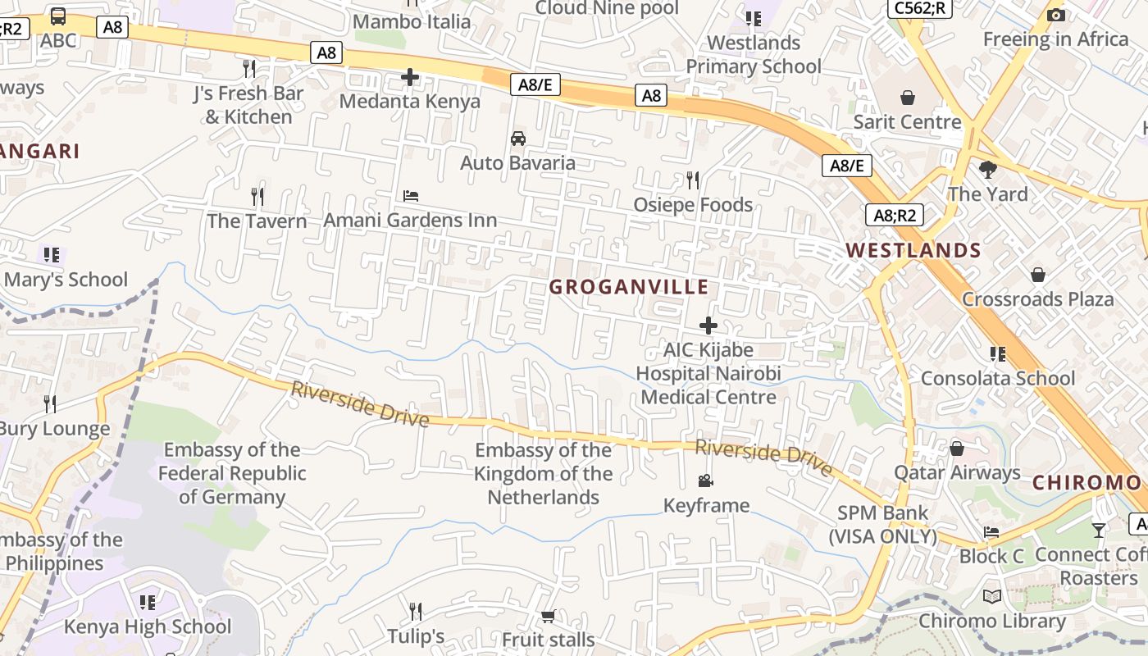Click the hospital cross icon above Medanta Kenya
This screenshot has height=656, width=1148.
(x=410, y=78)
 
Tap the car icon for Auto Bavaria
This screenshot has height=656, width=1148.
(x=518, y=139)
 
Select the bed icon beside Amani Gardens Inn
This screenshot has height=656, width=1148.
(x=411, y=196)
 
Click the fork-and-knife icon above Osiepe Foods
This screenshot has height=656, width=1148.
(x=693, y=180)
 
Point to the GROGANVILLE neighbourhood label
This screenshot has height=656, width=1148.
(x=629, y=287)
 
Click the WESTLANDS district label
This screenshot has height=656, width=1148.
(x=913, y=251)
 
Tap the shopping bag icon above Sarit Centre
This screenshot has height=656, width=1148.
(x=908, y=98)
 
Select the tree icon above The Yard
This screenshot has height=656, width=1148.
(x=988, y=170)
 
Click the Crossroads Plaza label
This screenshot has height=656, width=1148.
(x=1038, y=299)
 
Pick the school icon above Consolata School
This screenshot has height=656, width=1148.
(x=998, y=354)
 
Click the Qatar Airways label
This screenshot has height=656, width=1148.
(x=957, y=473)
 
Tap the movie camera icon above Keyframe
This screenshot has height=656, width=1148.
(x=705, y=481)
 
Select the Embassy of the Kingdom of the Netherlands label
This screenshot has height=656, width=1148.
(x=543, y=474)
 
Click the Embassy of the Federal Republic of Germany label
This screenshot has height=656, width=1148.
(x=232, y=473)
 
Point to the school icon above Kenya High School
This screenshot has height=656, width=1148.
(x=148, y=603)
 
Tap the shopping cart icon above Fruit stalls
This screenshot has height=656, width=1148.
(x=548, y=616)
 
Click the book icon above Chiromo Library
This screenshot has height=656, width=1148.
(x=992, y=597)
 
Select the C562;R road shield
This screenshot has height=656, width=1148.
(x=919, y=8)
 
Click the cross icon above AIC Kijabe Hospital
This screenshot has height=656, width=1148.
(x=708, y=326)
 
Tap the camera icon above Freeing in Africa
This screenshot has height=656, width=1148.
(x=1056, y=15)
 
